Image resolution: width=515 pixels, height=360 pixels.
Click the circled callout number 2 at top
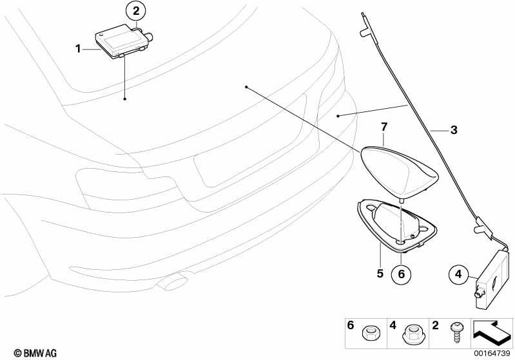[x=136, y=11]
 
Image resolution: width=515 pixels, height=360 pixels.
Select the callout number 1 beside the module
[x=78, y=49]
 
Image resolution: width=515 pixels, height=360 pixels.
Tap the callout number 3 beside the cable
[x=454, y=130]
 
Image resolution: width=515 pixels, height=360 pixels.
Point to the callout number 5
[x=380, y=273]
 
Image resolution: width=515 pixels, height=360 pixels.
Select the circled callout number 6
[x=402, y=273]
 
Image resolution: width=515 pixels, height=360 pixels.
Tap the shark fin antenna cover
[x=400, y=173]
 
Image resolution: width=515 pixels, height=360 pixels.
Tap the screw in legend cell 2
[x=456, y=332]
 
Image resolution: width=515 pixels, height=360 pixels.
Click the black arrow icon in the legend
[x=491, y=332]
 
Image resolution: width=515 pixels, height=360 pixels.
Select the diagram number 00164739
[x=492, y=353]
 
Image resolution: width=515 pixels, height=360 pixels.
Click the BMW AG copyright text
[x=35, y=353]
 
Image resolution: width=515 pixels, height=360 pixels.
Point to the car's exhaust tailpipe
[x=173, y=283]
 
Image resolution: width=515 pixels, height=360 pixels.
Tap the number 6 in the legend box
[x=351, y=325]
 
